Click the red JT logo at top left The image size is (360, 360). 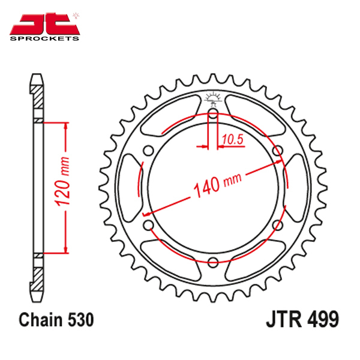(44, 24)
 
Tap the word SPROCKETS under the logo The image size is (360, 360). (44, 38)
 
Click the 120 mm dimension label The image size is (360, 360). (62, 181)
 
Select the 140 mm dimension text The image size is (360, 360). (217, 185)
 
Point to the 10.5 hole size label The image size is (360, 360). (233, 139)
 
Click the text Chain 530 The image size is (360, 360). (56, 319)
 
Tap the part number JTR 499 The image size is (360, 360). (302, 319)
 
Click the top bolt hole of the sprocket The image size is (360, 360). (213, 113)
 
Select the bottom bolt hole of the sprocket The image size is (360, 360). (213, 262)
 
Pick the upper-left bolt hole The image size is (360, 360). (149, 151)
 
